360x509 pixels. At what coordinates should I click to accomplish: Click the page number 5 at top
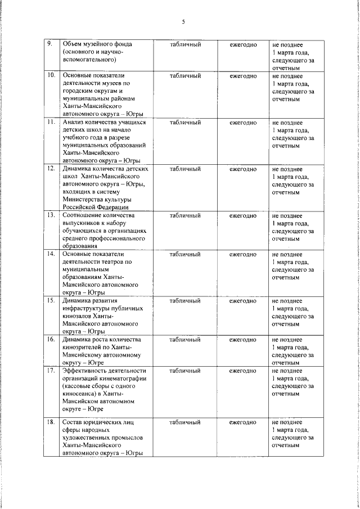(x=183, y=22)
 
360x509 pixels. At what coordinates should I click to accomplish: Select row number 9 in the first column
(x=49, y=44)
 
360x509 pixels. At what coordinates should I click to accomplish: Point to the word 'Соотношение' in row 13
(x=84, y=215)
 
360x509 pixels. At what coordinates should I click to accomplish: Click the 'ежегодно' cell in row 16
(x=243, y=340)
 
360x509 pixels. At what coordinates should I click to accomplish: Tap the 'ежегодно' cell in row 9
(x=243, y=44)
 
